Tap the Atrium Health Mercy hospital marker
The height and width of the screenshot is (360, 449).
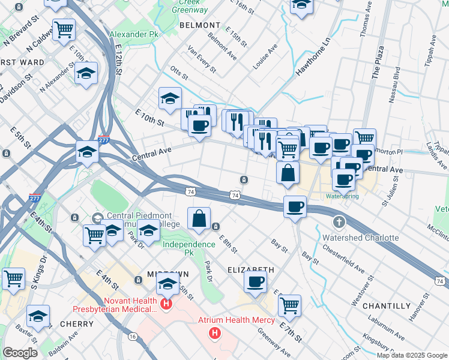tap(212, 332)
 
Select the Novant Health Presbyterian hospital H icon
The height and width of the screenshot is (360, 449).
tap(166, 304)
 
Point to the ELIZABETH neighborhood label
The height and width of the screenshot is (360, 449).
tap(251, 270)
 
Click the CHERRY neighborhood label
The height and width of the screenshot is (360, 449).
tap(76, 324)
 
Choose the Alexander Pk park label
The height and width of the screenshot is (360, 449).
tap(134, 35)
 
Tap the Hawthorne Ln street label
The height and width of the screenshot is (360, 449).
tap(313, 58)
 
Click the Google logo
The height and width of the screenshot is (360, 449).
tap(20, 353)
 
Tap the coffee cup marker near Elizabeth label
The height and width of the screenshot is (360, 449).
tap(255, 281)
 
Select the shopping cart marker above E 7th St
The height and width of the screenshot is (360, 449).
tap(289, 305)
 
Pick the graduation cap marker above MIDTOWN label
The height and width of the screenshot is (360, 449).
tap(168, 283)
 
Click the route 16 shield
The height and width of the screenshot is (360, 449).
tap(132, 337)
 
